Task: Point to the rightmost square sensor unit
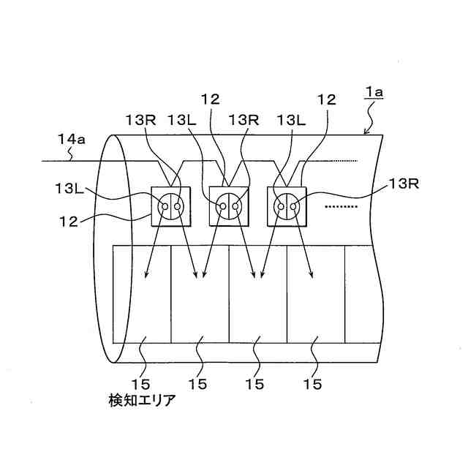288,207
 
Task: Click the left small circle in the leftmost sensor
165,208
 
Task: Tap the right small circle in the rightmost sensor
294,208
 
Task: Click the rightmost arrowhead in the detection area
314,276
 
